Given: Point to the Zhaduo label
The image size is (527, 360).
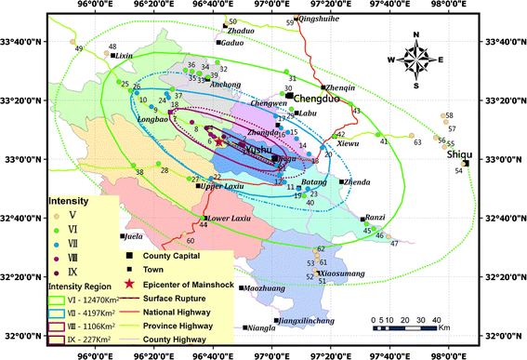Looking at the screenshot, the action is point(239,31).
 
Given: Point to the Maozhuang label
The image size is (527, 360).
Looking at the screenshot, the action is point(262,288).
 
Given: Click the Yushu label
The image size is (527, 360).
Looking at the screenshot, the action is point(256,148).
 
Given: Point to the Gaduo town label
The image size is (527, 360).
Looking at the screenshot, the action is point(232,42).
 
